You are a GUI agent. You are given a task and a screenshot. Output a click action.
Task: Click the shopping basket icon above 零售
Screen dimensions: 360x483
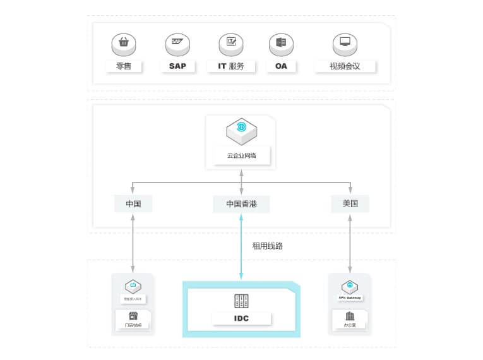coord(124,44)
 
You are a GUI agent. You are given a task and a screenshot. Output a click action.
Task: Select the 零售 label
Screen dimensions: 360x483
coord(124,66)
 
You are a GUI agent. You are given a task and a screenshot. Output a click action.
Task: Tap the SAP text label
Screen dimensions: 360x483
coord(178,66)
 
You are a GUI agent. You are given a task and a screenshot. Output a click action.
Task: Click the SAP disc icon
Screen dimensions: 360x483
coord(178,44)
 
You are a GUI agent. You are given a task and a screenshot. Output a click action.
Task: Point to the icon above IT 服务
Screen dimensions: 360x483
coord(231,44)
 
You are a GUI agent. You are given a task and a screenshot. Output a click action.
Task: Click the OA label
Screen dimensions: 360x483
coord(281,66)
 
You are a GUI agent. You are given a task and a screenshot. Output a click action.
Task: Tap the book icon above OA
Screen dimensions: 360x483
coord(281,44)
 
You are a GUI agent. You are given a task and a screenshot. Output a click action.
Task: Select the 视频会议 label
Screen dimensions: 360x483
coord(345,66)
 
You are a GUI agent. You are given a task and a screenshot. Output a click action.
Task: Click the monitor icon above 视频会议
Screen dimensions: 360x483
coord(345,44)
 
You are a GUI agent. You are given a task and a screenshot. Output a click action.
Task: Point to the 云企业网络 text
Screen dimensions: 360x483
coord(241,155)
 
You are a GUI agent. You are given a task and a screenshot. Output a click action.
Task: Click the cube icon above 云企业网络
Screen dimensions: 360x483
coord(241,129)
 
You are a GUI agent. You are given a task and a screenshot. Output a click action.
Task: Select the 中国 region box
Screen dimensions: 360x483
coord(133,203)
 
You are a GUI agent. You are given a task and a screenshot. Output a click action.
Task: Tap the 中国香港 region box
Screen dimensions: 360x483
coord(242,203)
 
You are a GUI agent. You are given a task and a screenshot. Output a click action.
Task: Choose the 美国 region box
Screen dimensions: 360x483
coord(350,203)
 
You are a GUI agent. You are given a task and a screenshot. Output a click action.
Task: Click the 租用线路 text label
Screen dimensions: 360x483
coord(268,246)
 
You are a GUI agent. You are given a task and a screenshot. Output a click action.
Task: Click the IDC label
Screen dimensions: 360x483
coord(241,318)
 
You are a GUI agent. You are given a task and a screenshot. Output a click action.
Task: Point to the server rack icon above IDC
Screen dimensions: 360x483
coord(241,301)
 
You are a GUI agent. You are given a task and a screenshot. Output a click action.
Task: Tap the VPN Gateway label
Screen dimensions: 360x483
coord(350,297)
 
